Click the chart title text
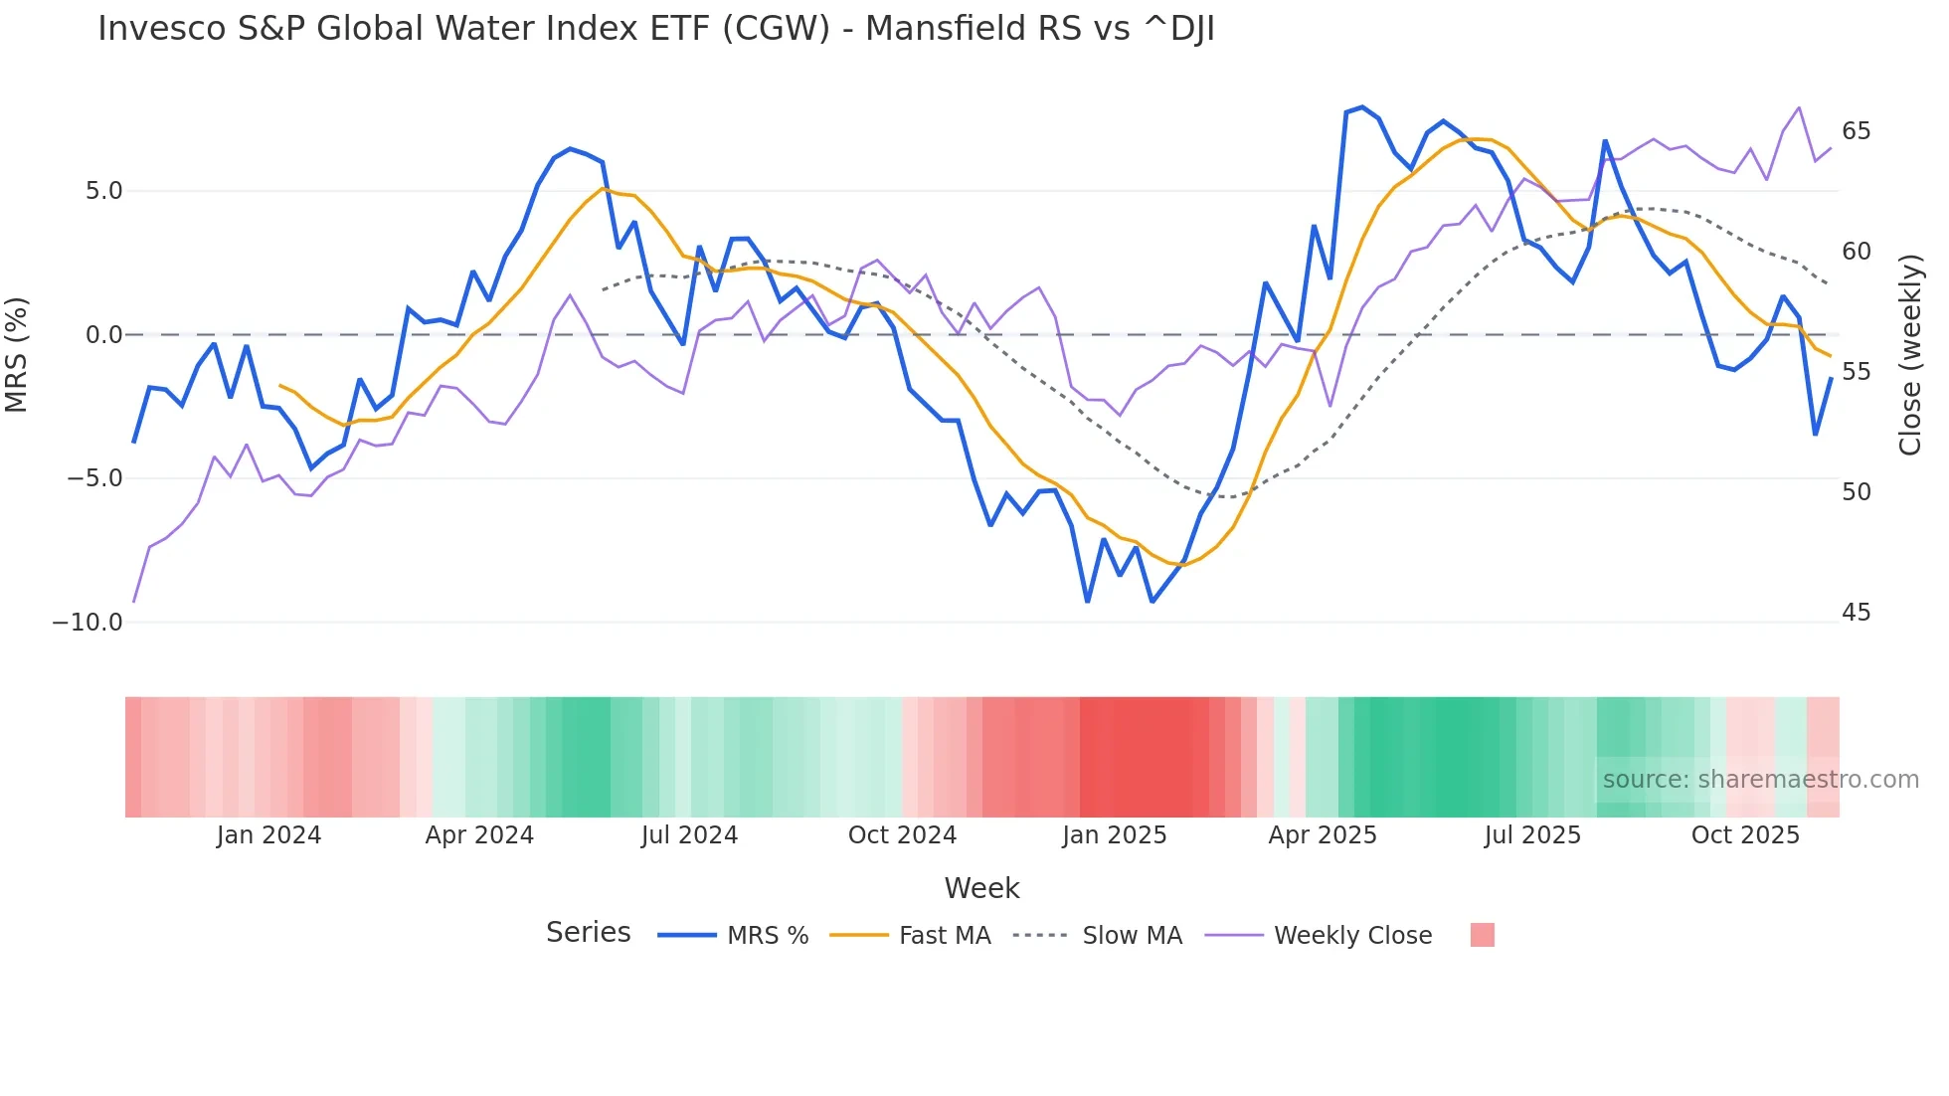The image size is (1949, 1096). (x=655, y=29)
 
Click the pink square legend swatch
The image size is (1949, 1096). (x=1482, y=935)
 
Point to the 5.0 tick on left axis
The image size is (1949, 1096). (x=103, y=191)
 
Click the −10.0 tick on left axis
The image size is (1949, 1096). (x=88, y=623)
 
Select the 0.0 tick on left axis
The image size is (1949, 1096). (x=103, y=335)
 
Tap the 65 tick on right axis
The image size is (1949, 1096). (x=1856, y=131)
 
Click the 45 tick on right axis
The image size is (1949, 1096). (x=1856, y=613)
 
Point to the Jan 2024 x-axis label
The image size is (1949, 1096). (x=268, y=835)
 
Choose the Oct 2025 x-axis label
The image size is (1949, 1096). (x=1745, y=835)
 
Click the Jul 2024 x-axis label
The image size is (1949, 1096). (x=689, y=835)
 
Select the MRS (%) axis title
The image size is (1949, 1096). (x=17, y=354)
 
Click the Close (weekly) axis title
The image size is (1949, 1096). (x=1909, y=355)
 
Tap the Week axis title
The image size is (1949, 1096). (x=981, y=888)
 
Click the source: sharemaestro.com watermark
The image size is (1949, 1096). (x=1760, y=780)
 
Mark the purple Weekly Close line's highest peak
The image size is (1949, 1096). (x=1799, y=107)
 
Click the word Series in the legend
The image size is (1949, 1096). (x=588, y=933)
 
